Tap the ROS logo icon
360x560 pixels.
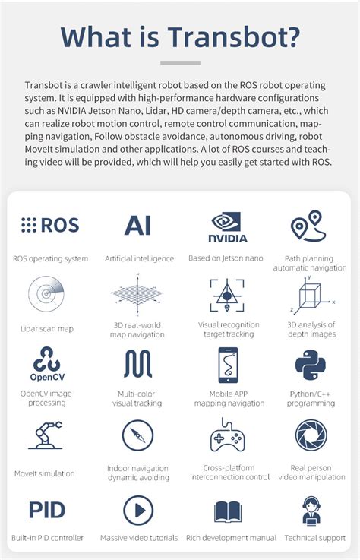[x=50, y=225]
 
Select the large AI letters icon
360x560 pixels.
[x=138, y=225]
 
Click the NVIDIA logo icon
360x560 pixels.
[x=228, y=226]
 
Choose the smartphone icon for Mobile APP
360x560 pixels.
[x=228, y=365]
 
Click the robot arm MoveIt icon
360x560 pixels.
[x=45, y=435]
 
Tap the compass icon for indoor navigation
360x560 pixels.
[x=138, y=435]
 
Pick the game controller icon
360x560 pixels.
[x=227, y=435]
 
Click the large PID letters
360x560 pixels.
[x=47, y=509]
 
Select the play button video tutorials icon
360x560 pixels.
[x=138, y=510]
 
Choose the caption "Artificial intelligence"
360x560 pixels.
[x=139, y=259]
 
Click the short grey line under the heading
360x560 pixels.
[x=180, y=62]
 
